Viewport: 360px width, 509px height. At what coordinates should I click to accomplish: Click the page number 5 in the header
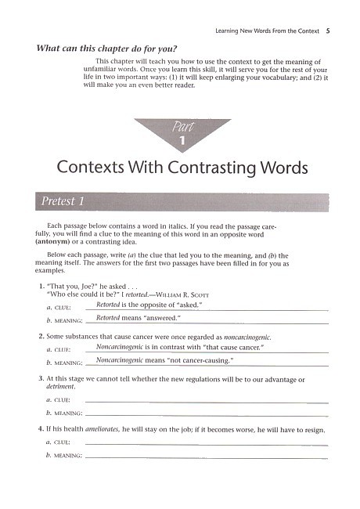click(328, 31)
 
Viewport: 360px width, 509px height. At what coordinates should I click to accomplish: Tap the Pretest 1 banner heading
click(59, 202)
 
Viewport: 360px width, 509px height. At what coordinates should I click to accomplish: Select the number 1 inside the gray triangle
click(182, 140)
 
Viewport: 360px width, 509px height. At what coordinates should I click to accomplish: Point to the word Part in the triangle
click(182, 127)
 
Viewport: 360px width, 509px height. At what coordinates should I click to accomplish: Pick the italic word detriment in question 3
click(60, 387)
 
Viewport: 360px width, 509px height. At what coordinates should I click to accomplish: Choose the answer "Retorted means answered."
click(138, 318)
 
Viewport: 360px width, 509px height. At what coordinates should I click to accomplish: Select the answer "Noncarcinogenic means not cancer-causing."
click(165, 360)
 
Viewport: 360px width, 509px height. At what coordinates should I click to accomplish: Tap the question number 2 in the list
click(40, 336)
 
